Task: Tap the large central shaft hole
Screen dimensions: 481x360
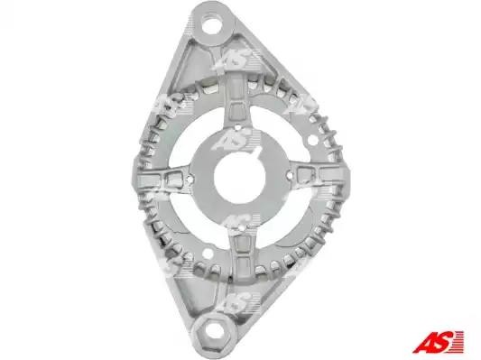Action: click(x=239, y=179)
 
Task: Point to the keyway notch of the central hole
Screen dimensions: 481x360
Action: click(x=259, y=154)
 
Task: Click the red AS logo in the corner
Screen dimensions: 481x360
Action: click(x=439, y=341)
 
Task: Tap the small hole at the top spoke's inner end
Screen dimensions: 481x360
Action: click(x=237, y=125)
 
